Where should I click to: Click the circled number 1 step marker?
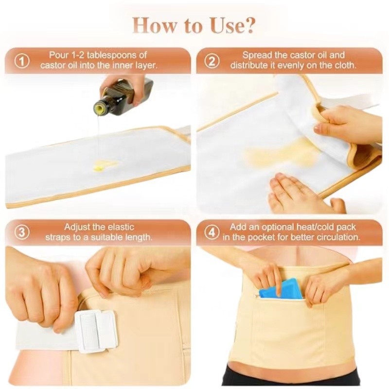pyautogui.click(x=22, y=61)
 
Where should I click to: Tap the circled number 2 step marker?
pyautogui.click(x=212, y=61)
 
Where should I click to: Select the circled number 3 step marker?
pyautogui.click(x=22, y=232)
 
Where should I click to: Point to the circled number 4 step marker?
pyautogui.click(x=212, y=232)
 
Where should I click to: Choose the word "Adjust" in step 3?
pyautogui.click(x=77, y=227)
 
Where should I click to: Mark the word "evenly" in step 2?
pyautogui.click(x=301, y=66)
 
